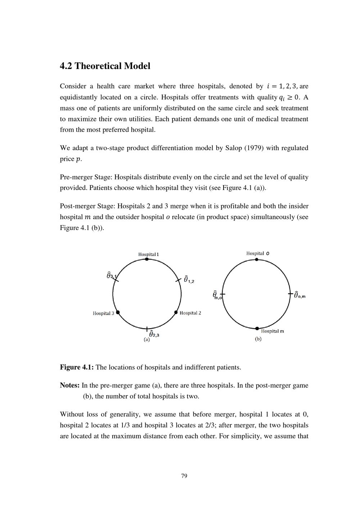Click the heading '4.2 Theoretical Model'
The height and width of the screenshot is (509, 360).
pos(105,66)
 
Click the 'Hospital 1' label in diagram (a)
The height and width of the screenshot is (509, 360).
pos(148,254)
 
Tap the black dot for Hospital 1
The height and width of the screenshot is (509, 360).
pos(147,259)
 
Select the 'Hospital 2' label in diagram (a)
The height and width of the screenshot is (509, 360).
pos(190,313)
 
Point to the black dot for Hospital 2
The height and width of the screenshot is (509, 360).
pos(176,312)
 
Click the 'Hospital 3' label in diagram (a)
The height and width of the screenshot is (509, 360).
pos(103,313)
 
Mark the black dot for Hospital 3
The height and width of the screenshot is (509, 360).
pos(118,312)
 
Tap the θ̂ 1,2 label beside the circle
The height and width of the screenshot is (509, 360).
pos(189,279)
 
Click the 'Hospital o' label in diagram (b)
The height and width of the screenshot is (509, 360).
pos(258,253)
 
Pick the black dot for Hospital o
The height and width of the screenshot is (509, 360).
pos(256,259)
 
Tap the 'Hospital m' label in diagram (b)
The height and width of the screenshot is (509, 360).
pos(272,331)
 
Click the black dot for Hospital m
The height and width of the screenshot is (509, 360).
pos(257,328)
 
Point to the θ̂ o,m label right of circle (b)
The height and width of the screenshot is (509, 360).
pos(300,295)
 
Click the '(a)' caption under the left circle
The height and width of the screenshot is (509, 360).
pos(147,339)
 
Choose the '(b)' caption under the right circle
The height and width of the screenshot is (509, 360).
pos(258,339)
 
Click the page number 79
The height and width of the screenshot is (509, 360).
pos(184,476)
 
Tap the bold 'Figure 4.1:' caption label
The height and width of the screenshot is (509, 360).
pos(77,368)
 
